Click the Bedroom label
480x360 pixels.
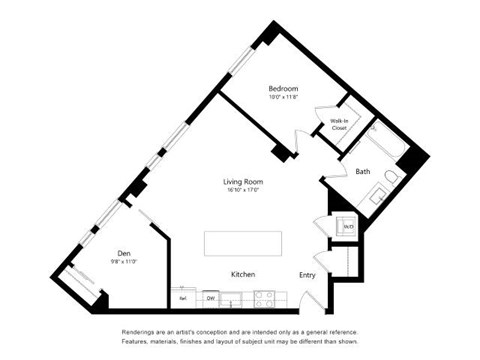(x=283, y=88)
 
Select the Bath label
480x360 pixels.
(x=363, y=171)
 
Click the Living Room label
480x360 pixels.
(x=243, y=181)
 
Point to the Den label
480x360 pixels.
(x=124, y=253)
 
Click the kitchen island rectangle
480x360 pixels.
(x=244, y=245)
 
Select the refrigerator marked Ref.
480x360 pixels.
(x=184, y=298)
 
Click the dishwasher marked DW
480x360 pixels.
(x=211, y=298)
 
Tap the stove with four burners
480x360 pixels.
(x=265, y=298)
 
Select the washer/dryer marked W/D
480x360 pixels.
(x=347, y=227)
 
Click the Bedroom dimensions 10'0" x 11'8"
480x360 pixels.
(x=283, y=98)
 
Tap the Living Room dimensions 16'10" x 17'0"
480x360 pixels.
(x=243, y=191)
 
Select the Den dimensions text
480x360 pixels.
(x=124, y=262)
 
